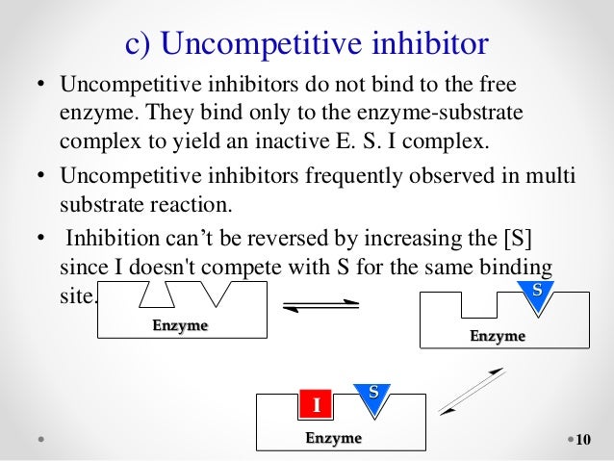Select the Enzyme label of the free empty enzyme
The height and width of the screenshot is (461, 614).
(x=180, y=325)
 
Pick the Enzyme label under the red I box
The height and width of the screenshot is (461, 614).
(x=334, y=438)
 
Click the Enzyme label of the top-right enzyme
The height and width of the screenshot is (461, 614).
(x=497, y=336)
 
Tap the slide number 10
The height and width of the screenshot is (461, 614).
(x=581, y=440)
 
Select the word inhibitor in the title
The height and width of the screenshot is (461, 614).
(x=419, y=43)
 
